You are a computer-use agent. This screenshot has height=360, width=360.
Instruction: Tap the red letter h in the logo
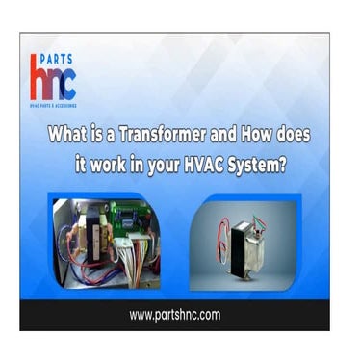[39, 81]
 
